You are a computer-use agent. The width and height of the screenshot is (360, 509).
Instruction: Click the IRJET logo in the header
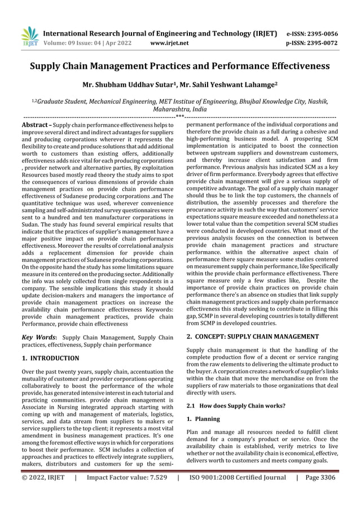(29, 36)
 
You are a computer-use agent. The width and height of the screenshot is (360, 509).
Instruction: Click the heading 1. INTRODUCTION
(50, 358)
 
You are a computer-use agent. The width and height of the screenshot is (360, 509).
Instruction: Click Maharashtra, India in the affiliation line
(179, 109)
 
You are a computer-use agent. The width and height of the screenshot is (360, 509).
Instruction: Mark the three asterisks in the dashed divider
(179, 116)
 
